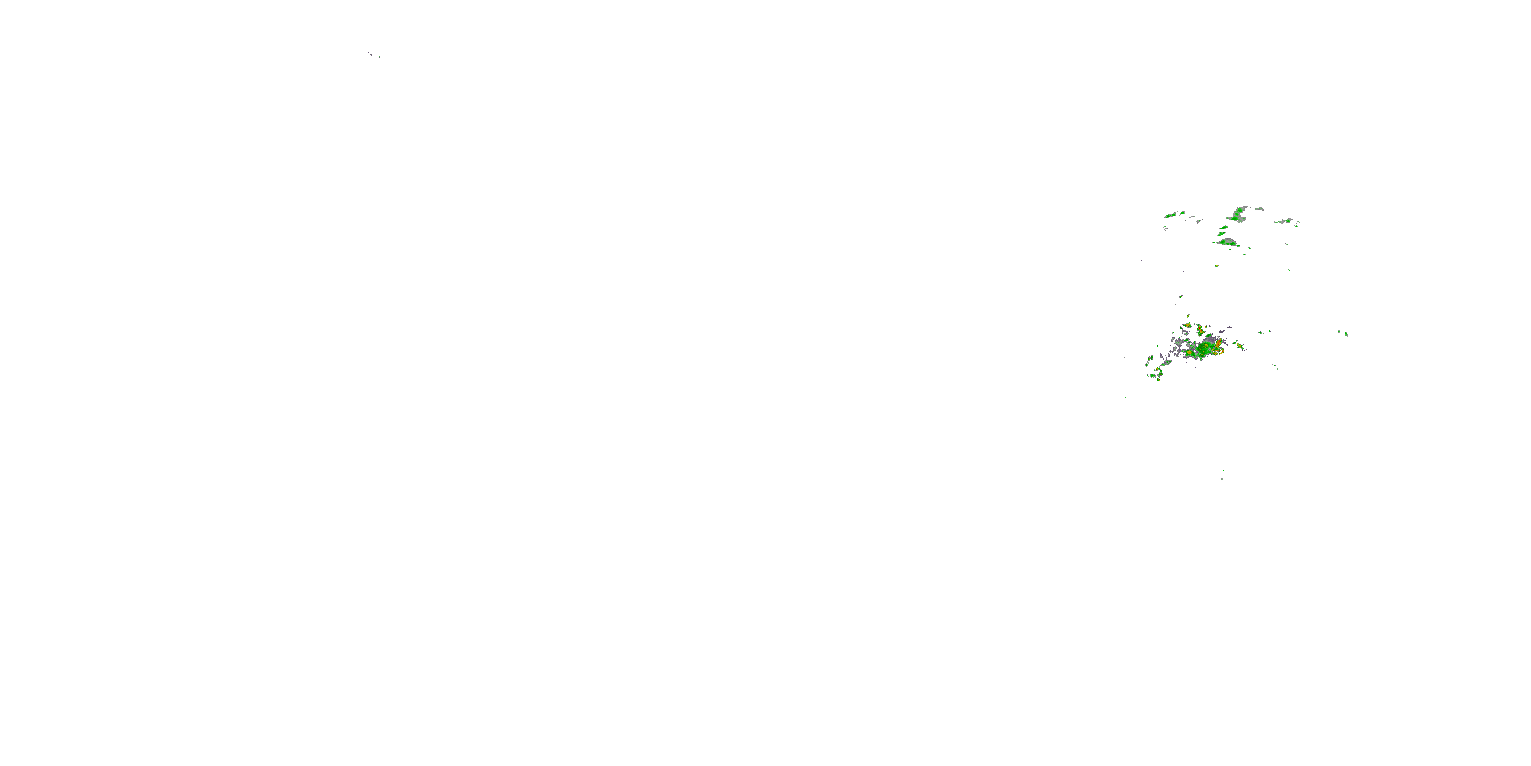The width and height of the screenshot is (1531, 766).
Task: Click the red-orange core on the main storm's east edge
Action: point(1218,344)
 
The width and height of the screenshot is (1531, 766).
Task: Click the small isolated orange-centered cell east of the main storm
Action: point(1240,345)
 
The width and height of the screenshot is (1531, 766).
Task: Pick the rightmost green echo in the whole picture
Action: point(1347,334)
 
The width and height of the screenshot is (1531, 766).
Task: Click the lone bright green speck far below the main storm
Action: point(1223,471)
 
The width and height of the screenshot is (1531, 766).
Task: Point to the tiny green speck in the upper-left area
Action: point(379,57)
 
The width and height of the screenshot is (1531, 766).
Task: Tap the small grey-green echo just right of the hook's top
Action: point(1259,209)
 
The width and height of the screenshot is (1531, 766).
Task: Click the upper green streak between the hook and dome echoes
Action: point(1223,227)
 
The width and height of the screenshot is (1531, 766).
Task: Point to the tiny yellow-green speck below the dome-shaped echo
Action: point(1217,265)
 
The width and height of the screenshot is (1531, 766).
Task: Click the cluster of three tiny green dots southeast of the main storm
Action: point(1275,368)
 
